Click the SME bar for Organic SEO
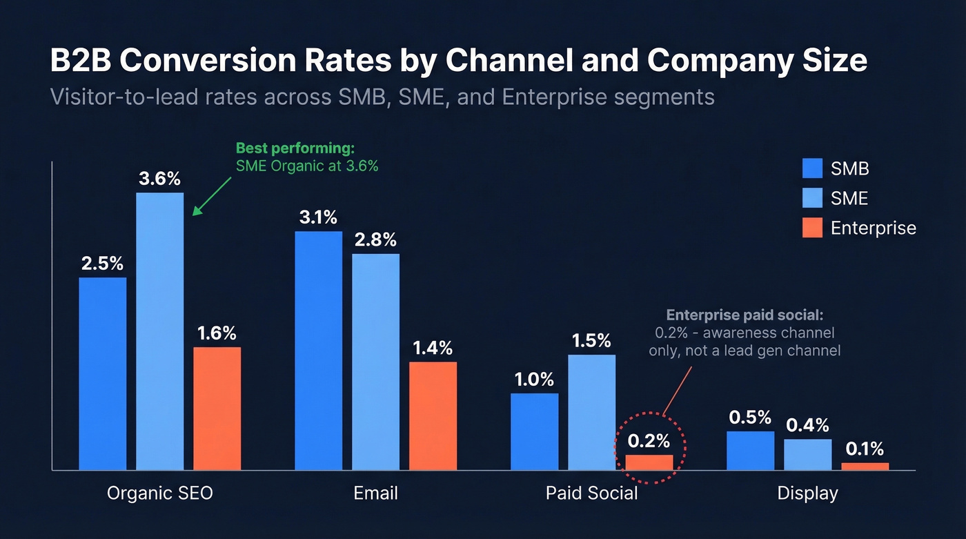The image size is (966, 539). coord(160,331)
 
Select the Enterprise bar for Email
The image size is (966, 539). coord(433,415)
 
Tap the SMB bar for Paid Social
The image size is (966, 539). coord(535,431)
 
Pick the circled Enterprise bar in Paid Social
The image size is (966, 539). coord(649,462)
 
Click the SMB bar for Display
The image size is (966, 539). coord(751,451)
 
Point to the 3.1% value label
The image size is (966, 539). coord(318,217)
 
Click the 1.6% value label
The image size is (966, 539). coord(217,333)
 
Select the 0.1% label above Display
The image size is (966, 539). coord(865,449)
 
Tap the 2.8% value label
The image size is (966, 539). coord(375,240)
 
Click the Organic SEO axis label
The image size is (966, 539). coord(160,493)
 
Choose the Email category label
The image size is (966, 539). coord(375,493)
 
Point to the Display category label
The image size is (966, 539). coord(807,493)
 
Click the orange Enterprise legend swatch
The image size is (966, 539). coord(813,228)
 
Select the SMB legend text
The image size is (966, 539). coord(849,168)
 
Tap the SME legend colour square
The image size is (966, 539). coord(813,198)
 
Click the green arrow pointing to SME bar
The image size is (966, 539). coord(214,196)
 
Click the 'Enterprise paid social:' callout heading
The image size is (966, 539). coord(745,315)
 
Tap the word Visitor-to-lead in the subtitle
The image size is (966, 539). coord(119,96)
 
